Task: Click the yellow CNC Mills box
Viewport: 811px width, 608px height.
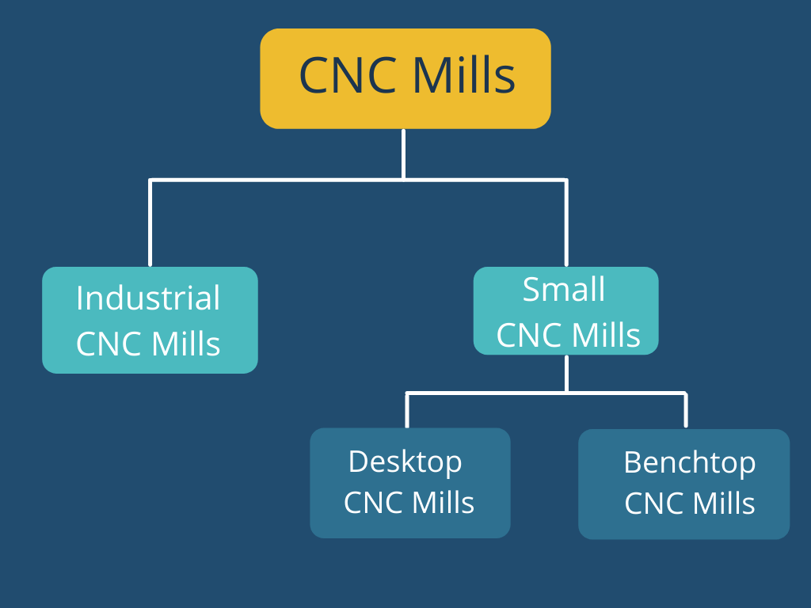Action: pyautogui.click(x=405, y=78)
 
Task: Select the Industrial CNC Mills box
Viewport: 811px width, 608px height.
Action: pyautogui.click(x=150, y=320)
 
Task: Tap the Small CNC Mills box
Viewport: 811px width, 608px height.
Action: pyautogui.click(x=565, y=310)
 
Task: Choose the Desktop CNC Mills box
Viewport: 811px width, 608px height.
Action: pyautogui.click(x=409, y=483)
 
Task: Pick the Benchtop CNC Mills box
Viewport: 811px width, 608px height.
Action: pyautogui.click(x=683, y=484)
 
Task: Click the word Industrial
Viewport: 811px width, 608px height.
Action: pyautogui.click(x=148, y=298)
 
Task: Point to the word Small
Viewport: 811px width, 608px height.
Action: pyautogui.click(x=564, y=290)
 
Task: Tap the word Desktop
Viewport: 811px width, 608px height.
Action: pyautogui.click(x=405, y=462)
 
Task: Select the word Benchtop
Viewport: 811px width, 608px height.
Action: pyautogui.click(x=689, y=462)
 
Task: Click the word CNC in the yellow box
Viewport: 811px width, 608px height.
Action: pyautogui.click(x=351, y=77)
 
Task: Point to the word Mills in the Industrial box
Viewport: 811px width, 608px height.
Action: pyautogui.click(x=186, y=344)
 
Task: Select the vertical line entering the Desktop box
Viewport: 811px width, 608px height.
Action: pyautogui.click(x=407, y=410)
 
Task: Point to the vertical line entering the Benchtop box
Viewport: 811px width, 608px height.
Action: pyautogui.click(x=686, y=410)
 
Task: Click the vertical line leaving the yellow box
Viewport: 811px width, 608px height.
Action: pyautogui.click(x=404, y=154)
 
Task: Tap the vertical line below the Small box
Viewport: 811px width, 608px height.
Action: pyautogui.click(x=566, y=373)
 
